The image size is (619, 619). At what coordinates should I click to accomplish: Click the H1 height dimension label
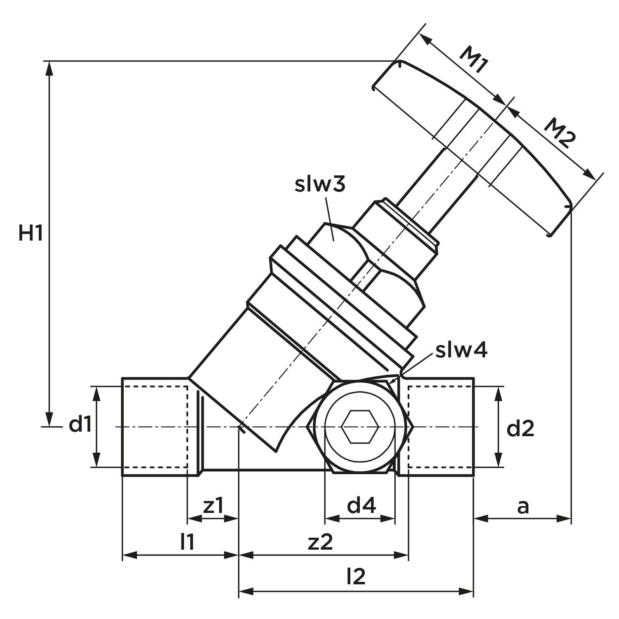(x=31, y=234)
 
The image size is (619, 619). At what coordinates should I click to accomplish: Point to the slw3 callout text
(x=320, y=184)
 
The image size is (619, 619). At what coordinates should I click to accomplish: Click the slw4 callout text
(x=462, y=350)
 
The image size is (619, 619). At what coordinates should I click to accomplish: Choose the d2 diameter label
(x=520, y=429)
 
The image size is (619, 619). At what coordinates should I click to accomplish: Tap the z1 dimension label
(x=213, y=506)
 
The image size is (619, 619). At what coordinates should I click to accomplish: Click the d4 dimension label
(x=361, y=506)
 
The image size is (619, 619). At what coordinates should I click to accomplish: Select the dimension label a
(x=523, y=507)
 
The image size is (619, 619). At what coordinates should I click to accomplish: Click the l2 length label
(x=356, y=576)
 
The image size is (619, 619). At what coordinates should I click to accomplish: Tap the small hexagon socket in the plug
(x=359, y=426)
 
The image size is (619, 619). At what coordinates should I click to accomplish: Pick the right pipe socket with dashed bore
(x=441, y=427)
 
